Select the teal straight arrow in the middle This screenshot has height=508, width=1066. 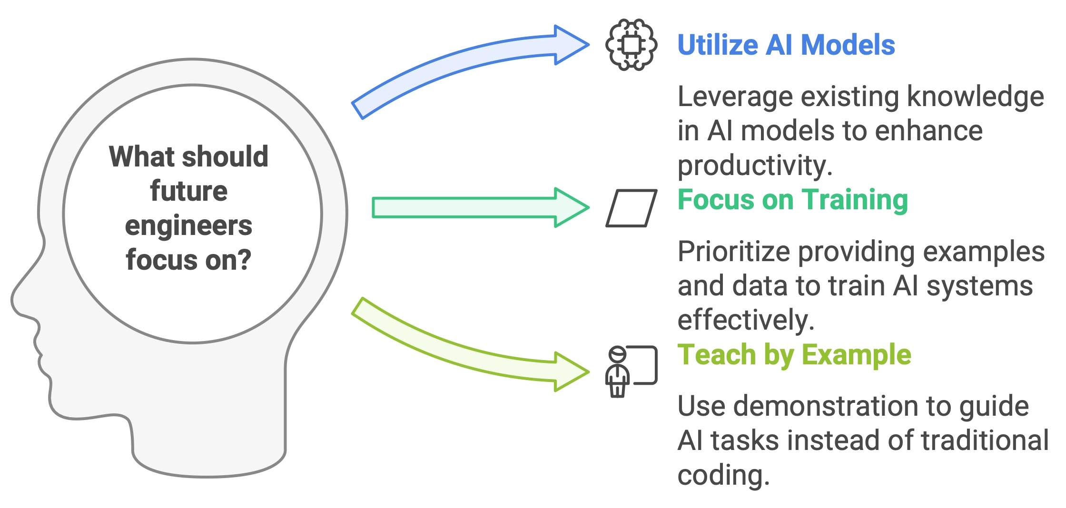tap(476, 208)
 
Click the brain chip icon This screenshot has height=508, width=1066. tap(632, 45)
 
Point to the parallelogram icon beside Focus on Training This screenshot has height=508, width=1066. tap(632, 208)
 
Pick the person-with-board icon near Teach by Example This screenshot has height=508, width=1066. tap(631, 371)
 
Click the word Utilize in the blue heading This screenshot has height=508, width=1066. tap(718, 45)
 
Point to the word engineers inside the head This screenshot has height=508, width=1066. tap(189, 226)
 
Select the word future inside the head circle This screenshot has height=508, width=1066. tap(189, 191)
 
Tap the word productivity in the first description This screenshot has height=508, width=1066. tap(755, 165)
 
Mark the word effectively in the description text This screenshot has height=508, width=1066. tap(746, 320)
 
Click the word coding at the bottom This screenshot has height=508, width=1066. tap(723, 475)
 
